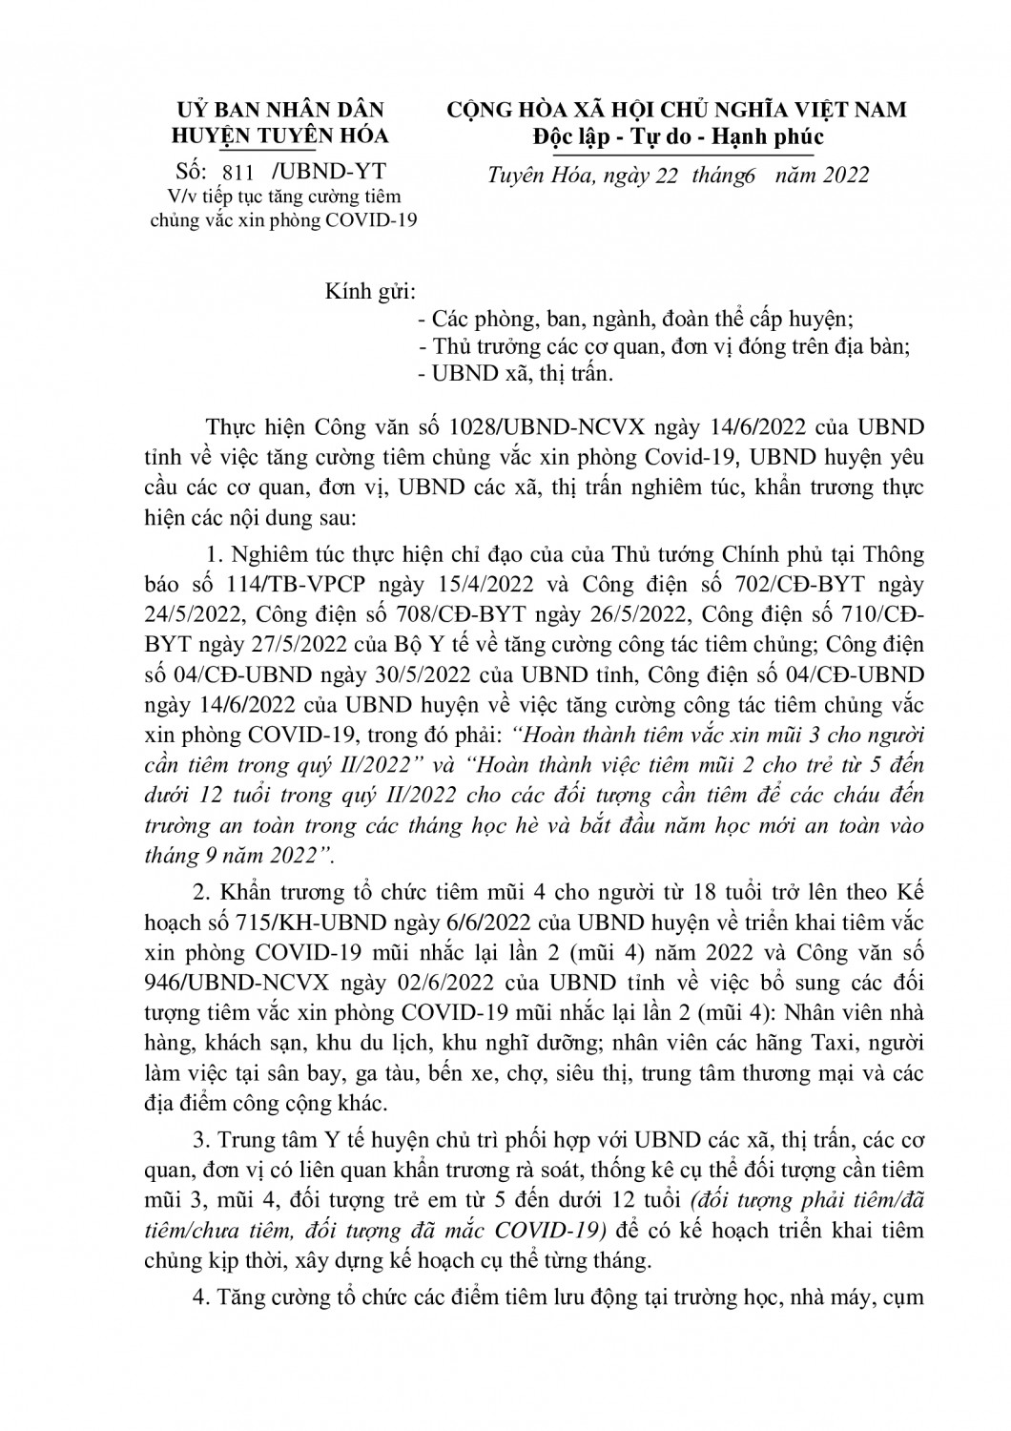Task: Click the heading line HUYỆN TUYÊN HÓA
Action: [x=279, y=135]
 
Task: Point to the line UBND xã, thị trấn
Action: [x=514, y=374]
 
